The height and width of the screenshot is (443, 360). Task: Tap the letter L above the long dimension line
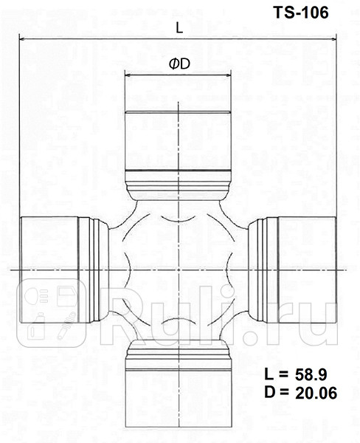pyautogui.click(x=180, y=27)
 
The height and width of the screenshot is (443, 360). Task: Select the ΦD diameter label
pyautogui.click(x=179, y=64)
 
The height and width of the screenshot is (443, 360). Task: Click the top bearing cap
pyautogui.click(x=179, y=140)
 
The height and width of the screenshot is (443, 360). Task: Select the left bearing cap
pyautogui.click(x=48, y=270)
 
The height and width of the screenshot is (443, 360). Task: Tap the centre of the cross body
pyautogui.click(x=179, y=270)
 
